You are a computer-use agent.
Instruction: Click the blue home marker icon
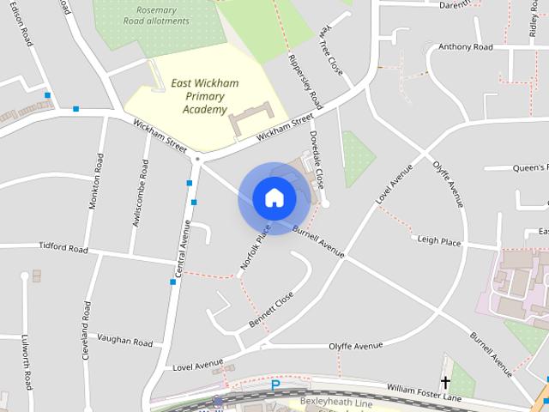[x=274, y=198]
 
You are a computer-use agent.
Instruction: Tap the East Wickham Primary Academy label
[x=205, y=96]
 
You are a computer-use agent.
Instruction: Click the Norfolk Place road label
[x=256, y=248]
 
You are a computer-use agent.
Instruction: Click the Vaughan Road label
[x=125, y=342]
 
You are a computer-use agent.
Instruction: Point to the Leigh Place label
[x=439, y=243]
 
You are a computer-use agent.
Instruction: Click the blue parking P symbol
[x=275, y=385]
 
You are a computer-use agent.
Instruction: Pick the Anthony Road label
[x=465, y=47]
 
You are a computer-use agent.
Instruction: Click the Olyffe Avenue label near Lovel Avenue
[x=356, y=346]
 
